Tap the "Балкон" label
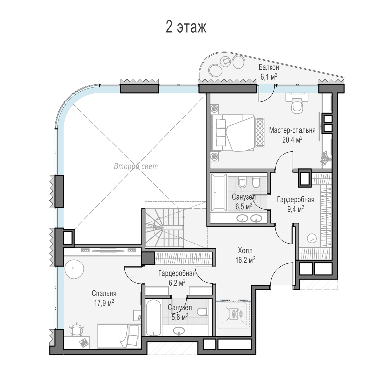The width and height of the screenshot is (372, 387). click(269, 68)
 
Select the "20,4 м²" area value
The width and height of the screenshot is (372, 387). click(292, 140)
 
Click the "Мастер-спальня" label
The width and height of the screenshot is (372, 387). click(292, 130)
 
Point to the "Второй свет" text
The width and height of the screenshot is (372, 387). click(136, 166)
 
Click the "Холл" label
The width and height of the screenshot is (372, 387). click(245, 251)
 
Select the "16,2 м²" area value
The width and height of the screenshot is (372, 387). click(245, 260)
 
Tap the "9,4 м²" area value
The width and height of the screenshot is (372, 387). click(296, 209)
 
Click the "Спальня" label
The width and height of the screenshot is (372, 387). click(104, 293)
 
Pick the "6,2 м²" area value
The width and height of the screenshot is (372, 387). click(177, 283)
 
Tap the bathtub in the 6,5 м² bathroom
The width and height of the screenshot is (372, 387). click(219, 192)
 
